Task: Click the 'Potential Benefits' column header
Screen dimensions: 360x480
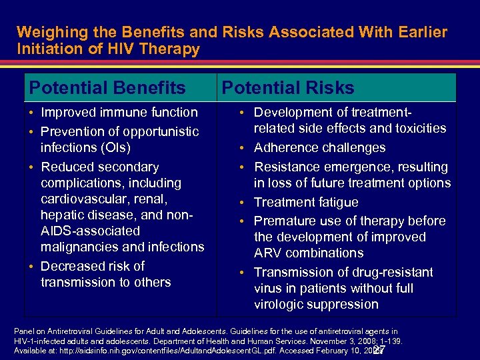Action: tap(107, 87)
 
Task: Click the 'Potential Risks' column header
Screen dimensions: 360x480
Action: tap(287, 87)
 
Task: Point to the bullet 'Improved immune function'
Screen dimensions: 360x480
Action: tap(119, 112)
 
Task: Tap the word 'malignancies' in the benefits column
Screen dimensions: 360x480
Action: tap(80, 247)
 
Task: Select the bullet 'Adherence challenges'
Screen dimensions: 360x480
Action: tap(319, 147)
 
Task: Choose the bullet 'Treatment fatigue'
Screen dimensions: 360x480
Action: tap(306, 202)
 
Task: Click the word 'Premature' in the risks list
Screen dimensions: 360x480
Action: tap(286, 221)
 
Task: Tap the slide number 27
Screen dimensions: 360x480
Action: tap(379, 350)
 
